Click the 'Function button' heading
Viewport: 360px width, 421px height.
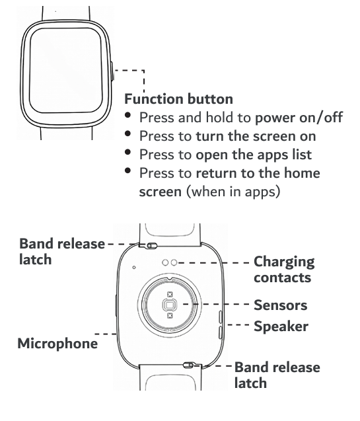point(178,99)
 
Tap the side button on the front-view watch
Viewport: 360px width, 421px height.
point(112,71)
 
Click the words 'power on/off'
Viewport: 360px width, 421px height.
point(299,118)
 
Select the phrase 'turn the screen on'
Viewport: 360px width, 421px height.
point(256,136)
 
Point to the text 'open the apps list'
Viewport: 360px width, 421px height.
point(254,155)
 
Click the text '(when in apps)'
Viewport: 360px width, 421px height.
point(233,192)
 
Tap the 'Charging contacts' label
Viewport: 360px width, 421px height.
point(284,269)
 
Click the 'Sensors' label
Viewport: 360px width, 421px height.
point(280,305)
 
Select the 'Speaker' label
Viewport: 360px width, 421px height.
point(281,326)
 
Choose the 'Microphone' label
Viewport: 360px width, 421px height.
point(57,344)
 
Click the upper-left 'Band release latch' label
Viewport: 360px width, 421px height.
point(62,252)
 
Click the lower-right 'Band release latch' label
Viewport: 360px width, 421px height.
point(277,375)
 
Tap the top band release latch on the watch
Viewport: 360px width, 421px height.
point(152,245)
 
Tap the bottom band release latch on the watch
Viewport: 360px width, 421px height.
point(188,365)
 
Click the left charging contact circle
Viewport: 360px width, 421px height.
point(166,262)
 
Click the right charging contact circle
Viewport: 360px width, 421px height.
point(174,262)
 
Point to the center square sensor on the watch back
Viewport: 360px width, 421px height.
point(170,305)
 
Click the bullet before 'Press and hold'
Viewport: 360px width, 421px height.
point(128,116)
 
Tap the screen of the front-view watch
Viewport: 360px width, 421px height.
point(66,70)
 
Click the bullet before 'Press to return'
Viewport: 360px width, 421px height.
point(128,171)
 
